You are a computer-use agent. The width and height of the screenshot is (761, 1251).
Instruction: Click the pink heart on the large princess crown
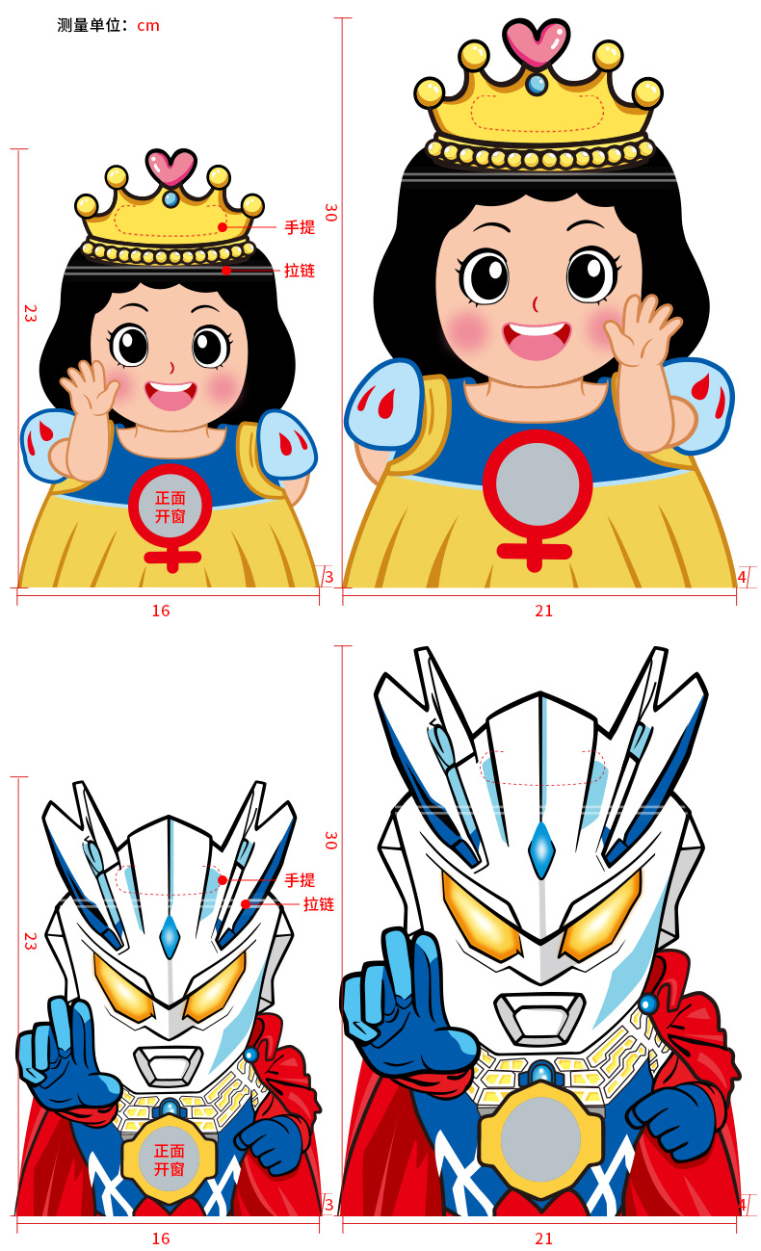coord(537,42)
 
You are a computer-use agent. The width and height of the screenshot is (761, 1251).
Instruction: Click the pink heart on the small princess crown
coord(171,167)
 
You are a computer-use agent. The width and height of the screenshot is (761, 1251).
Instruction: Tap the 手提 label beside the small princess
coord(300,227)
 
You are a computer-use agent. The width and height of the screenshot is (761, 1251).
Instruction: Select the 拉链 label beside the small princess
coord(300,271)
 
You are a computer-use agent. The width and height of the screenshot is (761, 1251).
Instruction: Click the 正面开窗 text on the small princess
coord(170,508)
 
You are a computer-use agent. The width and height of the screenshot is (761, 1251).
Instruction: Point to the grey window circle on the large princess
coord(537,483)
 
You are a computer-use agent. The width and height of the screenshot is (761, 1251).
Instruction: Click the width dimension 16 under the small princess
coord(161,611)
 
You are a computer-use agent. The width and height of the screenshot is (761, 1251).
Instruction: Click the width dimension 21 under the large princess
coord(543,611)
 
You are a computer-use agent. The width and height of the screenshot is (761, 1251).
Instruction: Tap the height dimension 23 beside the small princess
coord(30,313)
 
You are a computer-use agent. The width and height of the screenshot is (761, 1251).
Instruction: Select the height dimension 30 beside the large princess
coord(330,212)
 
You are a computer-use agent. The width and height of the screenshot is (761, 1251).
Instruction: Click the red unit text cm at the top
coord(148,26)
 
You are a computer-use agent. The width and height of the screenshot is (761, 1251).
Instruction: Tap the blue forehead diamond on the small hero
coord(170,937)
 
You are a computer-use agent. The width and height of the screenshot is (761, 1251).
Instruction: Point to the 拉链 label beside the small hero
coord(319,904)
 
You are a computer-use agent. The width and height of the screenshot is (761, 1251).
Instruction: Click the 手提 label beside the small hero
coord(300,880)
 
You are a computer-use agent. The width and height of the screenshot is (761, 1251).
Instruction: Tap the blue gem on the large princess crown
coord(537,85)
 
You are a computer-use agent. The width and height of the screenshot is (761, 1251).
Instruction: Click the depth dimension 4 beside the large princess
coord(742,577)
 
